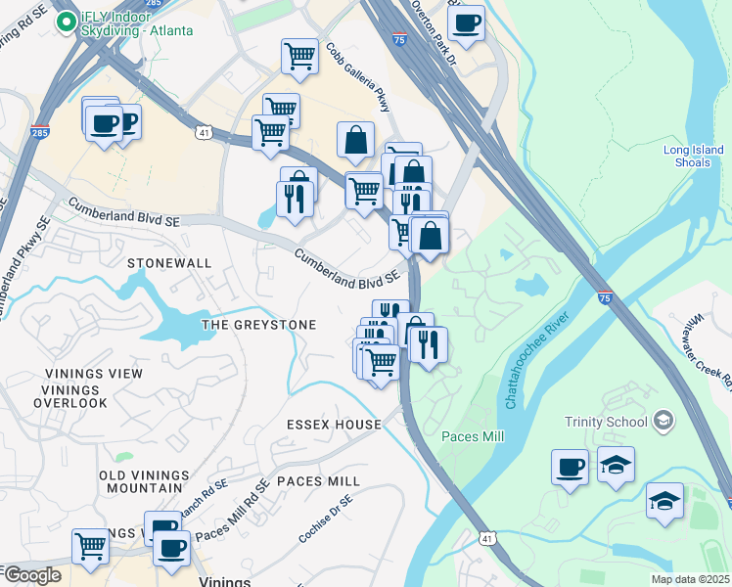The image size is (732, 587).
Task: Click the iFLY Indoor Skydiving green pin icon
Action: pyautogui.click(x=67, y=21)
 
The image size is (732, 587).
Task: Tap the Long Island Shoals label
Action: pyautogui.click(x=693, y=157)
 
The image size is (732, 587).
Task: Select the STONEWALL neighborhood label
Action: pyautogui.click(x=168, y=263)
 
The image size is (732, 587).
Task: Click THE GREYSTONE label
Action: pyautogui.click(x=258, y=325)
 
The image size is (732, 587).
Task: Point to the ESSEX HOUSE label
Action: pyautogui.click(x=334, y=425)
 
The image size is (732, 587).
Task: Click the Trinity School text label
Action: pyautogui.click(x=606, y=422)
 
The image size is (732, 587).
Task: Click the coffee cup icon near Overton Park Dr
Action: pyautogui.click(x=467, y=22)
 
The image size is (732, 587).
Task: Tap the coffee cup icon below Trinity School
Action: pyautogui.click(x=570, y=467)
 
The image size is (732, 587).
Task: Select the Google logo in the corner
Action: pyautogui.click(x=31, y=575)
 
